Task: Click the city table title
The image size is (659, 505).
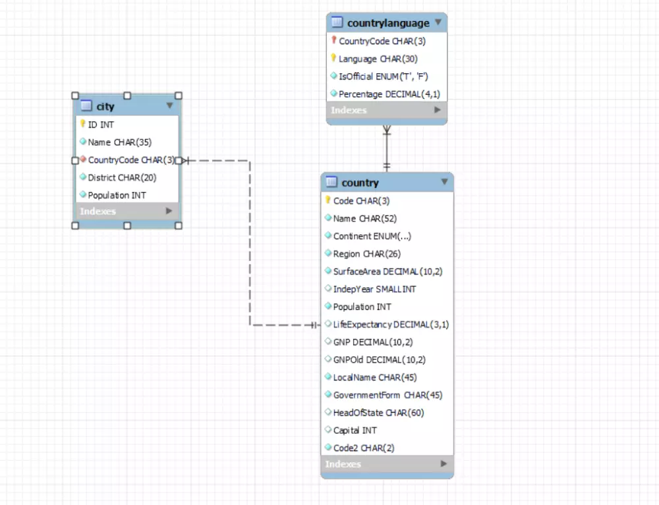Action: click(x=105, y=106)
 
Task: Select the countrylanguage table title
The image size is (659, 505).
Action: click(x=388, y=23)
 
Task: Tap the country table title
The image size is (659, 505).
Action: click(x=360, y=183)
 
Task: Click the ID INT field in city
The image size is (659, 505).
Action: click(x=101, y=124)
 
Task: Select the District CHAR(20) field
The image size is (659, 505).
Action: click(x=122, y=177)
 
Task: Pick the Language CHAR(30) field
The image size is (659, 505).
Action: click(x=378, y=59)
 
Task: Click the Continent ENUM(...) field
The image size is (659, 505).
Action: click(x=372, y=236)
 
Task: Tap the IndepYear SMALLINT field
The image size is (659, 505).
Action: click(x=374, y=289)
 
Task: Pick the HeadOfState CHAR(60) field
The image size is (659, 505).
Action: click(x=378, y=413)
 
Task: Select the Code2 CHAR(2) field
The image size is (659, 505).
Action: click(x=364, y=448)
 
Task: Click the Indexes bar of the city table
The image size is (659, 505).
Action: click(x=98, y=212)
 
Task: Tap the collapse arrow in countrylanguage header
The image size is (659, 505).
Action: click(x=438, y=22)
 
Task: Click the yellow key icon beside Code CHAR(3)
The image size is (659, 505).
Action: click(x=328, y=200)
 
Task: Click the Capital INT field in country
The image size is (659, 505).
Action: click(x=355, y=431)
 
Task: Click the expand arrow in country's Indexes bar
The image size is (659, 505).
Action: click(x=444, y=464)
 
